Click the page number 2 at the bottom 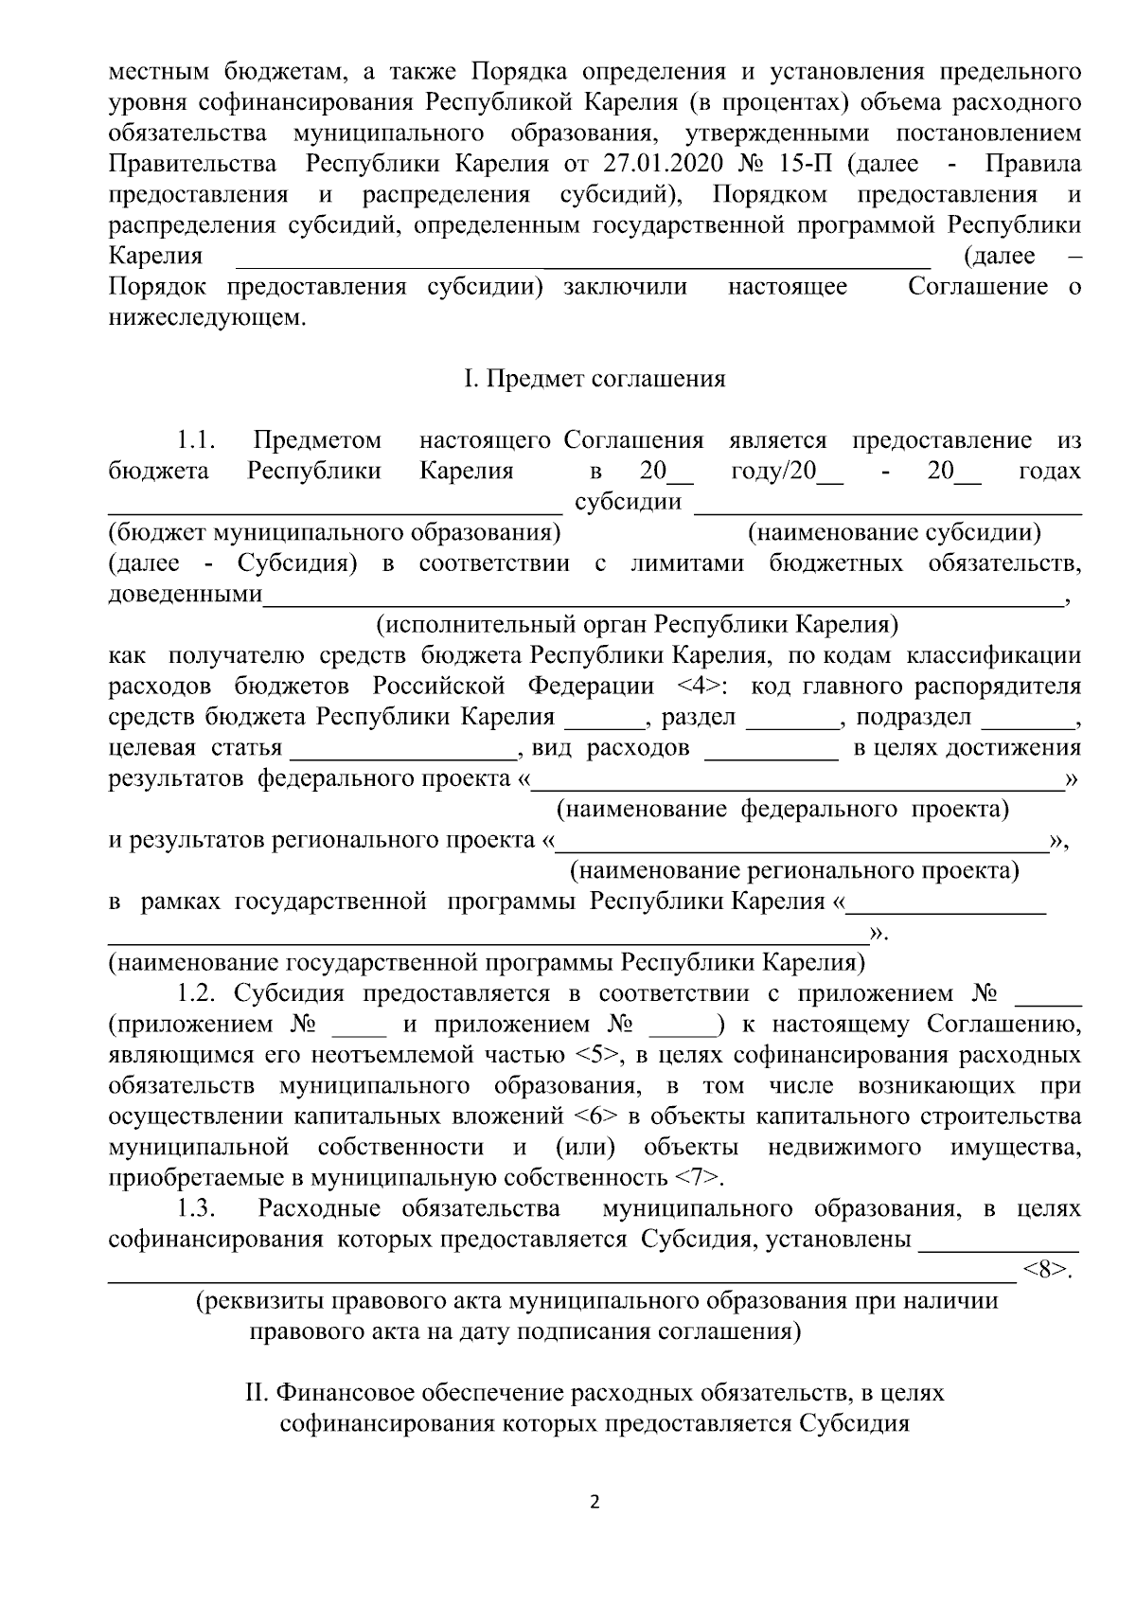[595, 1503]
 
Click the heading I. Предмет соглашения [595, 379]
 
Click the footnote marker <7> [699, 1178]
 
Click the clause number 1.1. [196, 440]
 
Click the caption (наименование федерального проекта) [781, 810]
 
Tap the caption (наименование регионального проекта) [793, 871]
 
